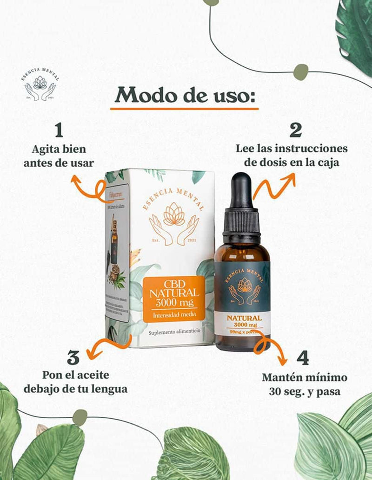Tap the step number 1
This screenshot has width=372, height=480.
coord(59,130)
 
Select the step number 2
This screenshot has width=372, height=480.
coord(296,130)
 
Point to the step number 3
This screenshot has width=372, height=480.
coord(73,358)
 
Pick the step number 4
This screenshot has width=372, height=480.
coord(302,358)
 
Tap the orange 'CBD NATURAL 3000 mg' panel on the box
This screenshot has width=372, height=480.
coord(173,299)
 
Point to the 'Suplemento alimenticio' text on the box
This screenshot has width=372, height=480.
coord(174,332)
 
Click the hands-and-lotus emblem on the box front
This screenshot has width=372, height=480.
coord(174,224)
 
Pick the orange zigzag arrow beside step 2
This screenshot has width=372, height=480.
coord(274,186)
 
